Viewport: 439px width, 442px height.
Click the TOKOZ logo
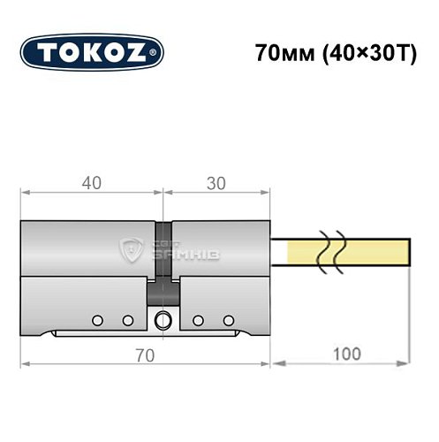tap(92, 51)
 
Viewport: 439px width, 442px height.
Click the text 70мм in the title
tap(279, 51)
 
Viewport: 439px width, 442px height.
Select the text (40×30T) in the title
tap(355, 51)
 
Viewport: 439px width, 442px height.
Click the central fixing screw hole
tap(162, 320)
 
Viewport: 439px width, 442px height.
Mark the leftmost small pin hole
tap(98, 319)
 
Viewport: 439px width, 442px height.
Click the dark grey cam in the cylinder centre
tap(163, 291)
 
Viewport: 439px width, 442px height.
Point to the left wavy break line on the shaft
tap(324, 251)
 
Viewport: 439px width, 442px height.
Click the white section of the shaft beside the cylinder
tap(282, 251)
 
